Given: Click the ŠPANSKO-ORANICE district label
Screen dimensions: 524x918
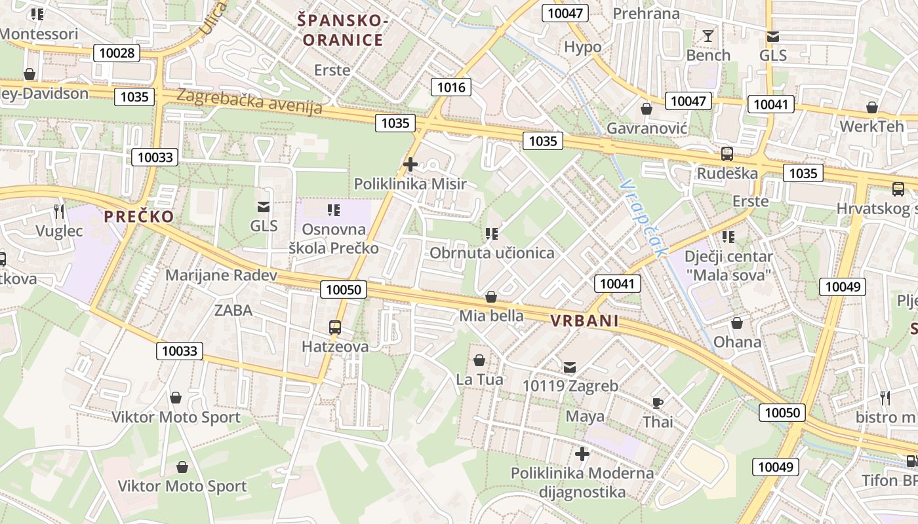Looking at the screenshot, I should point(340,30).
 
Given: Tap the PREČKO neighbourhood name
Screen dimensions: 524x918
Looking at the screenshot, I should point(140,216).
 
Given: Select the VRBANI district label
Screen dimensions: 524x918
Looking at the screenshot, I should point(585,321).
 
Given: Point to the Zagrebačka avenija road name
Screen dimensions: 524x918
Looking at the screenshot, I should point(250,101).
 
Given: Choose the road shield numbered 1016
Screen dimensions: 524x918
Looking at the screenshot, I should point(451,87).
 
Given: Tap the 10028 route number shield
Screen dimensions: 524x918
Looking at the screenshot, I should point(117,53).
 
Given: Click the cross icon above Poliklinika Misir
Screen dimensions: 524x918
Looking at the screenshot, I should point(410,164).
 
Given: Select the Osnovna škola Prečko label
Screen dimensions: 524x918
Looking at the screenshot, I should point(334,238).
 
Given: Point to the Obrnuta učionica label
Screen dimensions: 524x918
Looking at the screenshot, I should point(492,253).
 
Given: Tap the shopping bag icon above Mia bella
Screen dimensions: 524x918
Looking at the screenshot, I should point(490,297).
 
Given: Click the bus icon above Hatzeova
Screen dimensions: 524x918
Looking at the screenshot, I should point(335,327).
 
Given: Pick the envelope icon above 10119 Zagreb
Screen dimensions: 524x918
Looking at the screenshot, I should point(569,367).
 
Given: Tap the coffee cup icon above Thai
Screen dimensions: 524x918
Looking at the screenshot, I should point(658,403).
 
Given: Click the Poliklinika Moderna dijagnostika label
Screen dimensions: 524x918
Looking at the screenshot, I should point(582,482).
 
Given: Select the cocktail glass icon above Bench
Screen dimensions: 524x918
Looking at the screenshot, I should point(708,35).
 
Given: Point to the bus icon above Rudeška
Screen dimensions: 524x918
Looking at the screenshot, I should point(727,155).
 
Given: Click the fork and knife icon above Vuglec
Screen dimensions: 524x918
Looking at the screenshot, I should point(59,211).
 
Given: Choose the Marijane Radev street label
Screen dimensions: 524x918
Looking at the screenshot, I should point(221,275).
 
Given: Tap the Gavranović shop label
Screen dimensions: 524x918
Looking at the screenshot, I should point(647,128).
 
